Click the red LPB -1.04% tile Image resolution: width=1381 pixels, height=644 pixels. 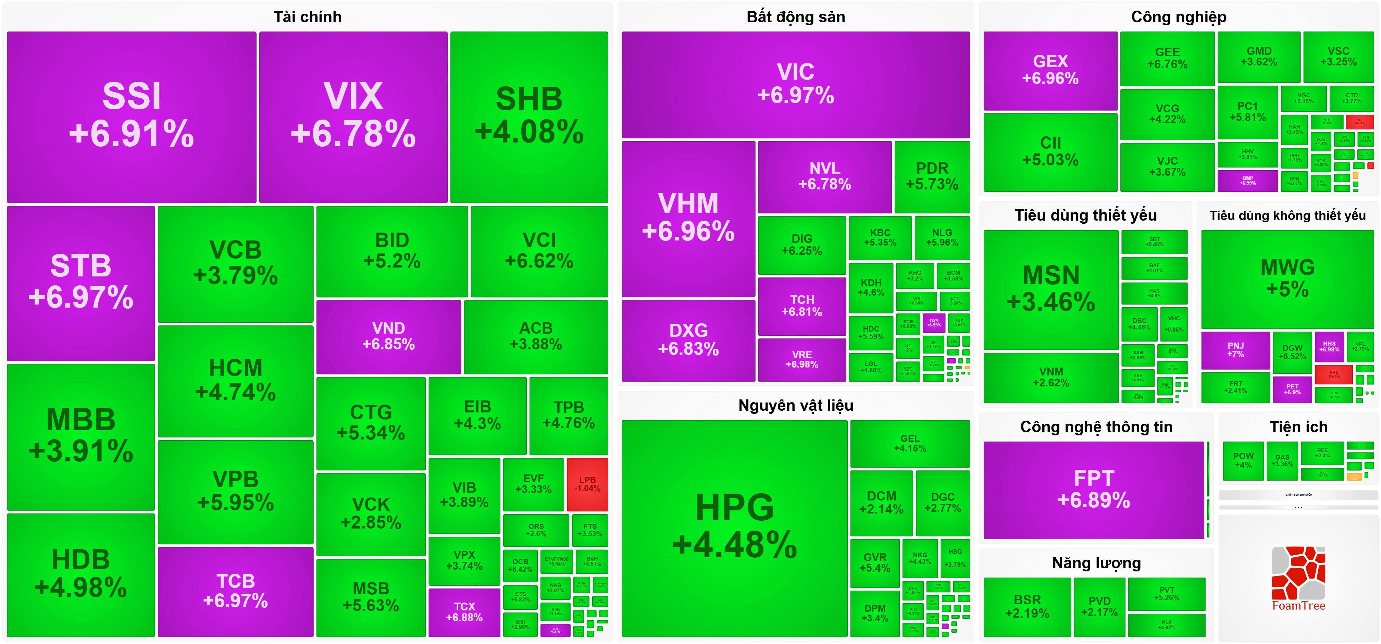587,484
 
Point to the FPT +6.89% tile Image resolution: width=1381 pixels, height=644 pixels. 1094,490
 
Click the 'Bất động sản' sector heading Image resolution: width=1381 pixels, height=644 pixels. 796,17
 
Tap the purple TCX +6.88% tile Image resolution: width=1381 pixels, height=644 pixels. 464,612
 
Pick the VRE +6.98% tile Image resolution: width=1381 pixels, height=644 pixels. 801,359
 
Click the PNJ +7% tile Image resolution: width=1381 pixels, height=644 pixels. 1235,350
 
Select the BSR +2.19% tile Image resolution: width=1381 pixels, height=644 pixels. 1027,606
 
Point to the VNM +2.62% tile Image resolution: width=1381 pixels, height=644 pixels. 1051,377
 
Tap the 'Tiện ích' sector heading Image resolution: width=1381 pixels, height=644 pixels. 1298,427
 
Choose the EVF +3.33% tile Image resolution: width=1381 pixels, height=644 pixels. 533,484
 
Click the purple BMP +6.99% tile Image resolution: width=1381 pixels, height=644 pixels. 1247,181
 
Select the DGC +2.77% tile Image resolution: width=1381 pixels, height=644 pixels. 943,503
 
